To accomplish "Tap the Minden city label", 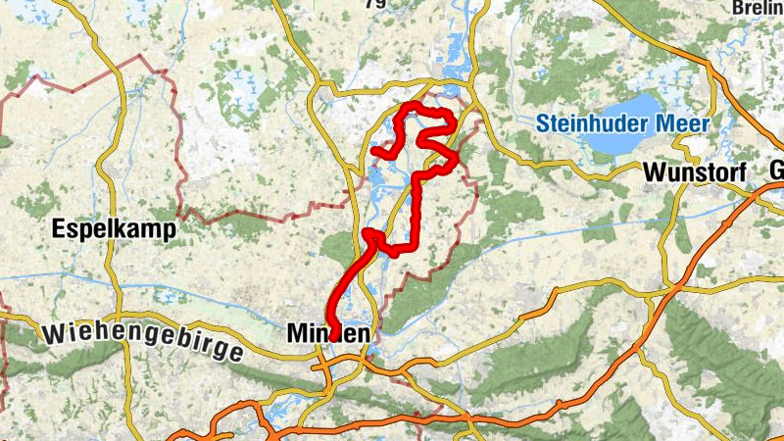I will [x=328, y=335].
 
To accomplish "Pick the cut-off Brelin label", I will [x=759, y=8].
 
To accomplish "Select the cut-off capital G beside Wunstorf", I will [x=777, y=171].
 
